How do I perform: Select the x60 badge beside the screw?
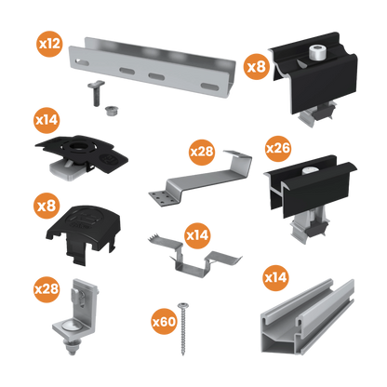(x=164, y=322)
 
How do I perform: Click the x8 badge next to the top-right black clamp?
(x=254, y=67)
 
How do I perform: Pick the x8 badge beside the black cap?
(x=47, y=206)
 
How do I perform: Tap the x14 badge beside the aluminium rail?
(x=275, y=277)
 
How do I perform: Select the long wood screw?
(x=186, y=331)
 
